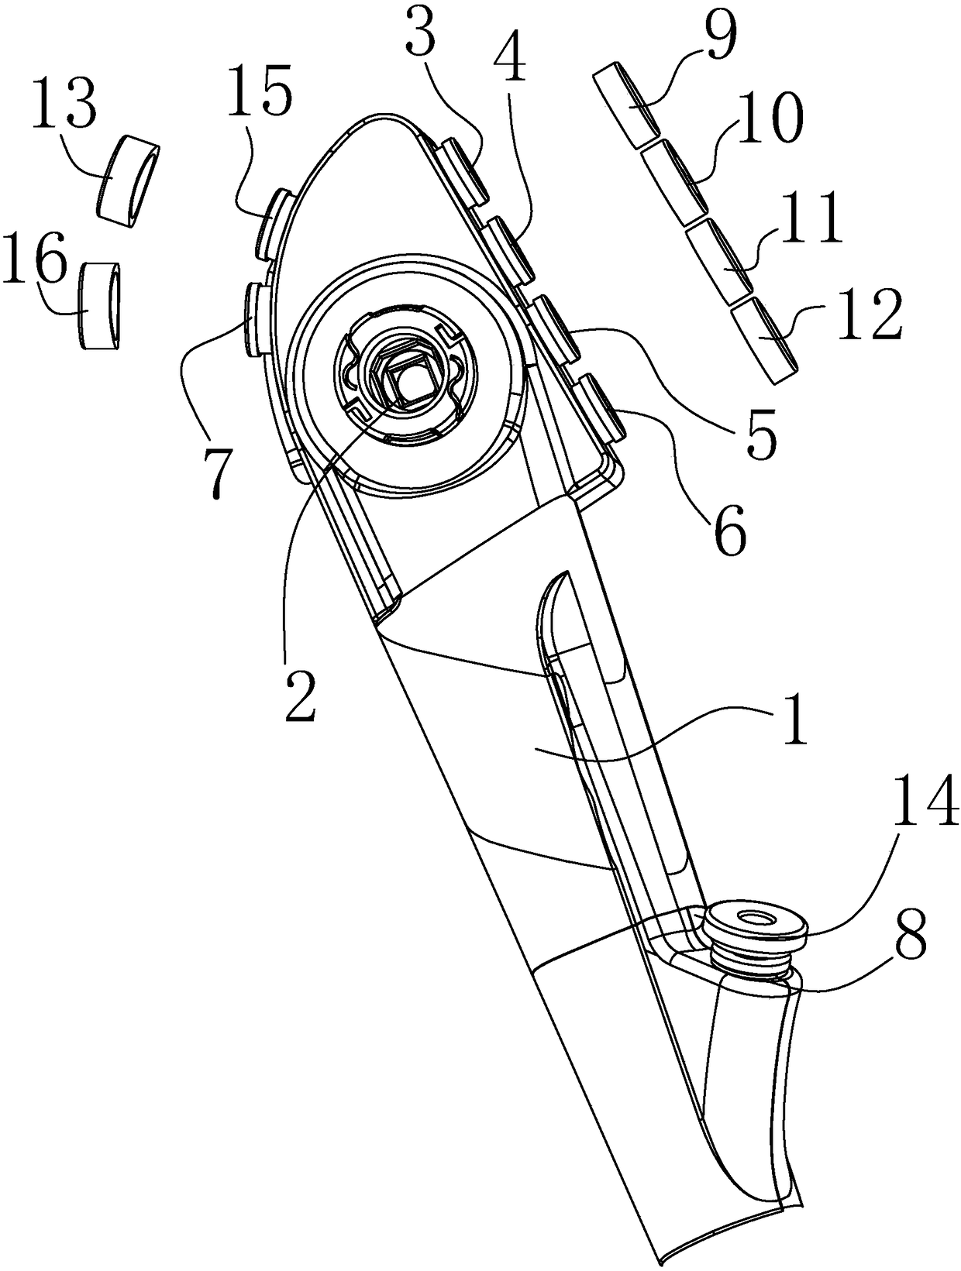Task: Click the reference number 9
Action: tap(718, 34)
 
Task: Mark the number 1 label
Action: tap(792, 720)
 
